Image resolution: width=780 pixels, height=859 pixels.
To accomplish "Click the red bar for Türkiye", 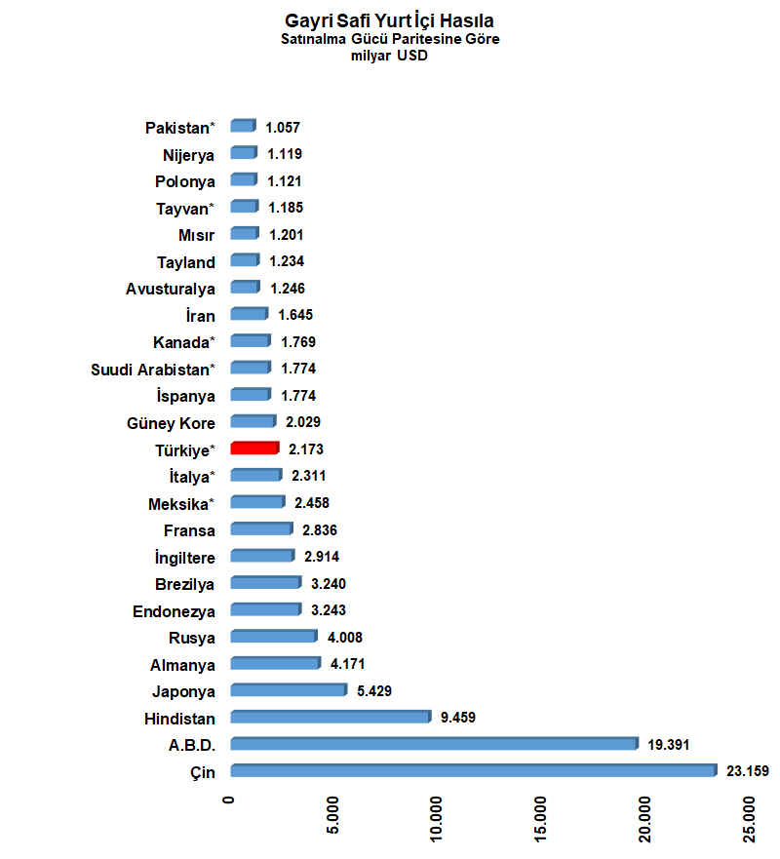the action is click(254, 449).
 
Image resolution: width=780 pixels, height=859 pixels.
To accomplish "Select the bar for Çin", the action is click(474, 770).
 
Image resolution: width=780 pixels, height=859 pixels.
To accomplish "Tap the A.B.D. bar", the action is click(435, 743).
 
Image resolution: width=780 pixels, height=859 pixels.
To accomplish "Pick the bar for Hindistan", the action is click(331, 717).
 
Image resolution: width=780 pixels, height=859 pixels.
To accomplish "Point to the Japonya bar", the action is click(289, 689).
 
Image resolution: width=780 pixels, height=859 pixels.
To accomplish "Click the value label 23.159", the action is click(748, 771).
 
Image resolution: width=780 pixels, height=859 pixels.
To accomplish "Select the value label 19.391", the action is click(668, 745).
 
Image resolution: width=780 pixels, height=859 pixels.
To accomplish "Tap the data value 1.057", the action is click(283, 128).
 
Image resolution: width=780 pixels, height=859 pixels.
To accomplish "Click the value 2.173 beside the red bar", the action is click(306, 449).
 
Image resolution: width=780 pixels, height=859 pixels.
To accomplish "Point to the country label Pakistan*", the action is click(180, 128).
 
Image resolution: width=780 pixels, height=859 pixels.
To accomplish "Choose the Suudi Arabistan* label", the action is click(153, 370).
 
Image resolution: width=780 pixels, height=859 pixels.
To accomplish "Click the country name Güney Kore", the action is click(171, 423).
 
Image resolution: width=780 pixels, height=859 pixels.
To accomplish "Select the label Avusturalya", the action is click(171, 289).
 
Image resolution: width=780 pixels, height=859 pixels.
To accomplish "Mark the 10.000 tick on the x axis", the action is click(436, 819).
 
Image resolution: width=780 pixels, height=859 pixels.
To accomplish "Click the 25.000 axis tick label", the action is click(750, 819).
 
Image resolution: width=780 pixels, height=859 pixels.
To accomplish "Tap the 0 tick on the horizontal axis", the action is click(228, 800).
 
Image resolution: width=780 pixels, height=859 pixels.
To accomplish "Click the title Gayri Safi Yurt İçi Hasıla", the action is click(389, 20).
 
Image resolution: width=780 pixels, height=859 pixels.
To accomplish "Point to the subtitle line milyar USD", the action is click(389, 56).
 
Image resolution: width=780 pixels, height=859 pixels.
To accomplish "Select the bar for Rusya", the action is click(274, 636).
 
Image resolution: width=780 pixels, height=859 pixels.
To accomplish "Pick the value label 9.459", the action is click(458, 717).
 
